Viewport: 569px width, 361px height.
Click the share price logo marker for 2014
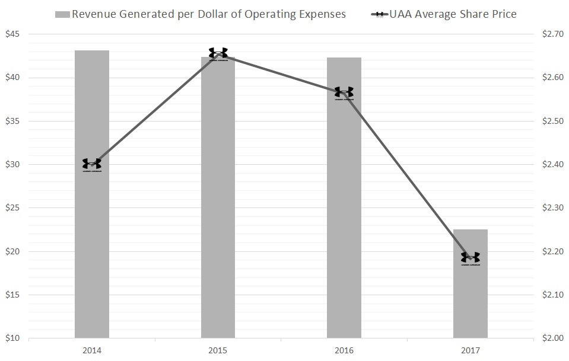pos(92,164)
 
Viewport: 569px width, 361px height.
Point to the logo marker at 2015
pos(218,53)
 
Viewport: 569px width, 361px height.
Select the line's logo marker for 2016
pos(344,92)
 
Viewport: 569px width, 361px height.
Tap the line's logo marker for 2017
pos(470,258)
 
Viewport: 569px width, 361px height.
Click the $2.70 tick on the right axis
pos(554,34)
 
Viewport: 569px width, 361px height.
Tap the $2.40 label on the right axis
pos(554,165)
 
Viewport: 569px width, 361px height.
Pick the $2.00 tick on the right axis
pos(554,338)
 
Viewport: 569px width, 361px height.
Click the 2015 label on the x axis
pos(218,351)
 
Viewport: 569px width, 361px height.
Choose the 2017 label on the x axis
pos(470,351)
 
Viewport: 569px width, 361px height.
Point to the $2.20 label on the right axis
pos(554,251)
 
